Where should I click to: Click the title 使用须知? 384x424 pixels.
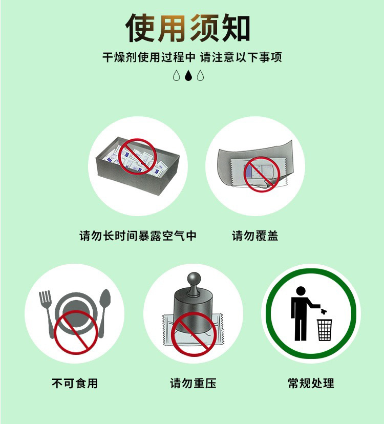pos(188,28)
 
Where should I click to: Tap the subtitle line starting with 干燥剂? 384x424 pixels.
pos(192,57)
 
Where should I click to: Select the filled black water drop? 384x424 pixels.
pos(188,75)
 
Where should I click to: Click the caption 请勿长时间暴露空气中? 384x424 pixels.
pos(138,236)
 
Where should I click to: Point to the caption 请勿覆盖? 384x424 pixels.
pos(255,236)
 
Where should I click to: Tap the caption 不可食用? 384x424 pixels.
pos(75,383)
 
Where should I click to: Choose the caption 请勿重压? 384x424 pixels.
pos(193,383)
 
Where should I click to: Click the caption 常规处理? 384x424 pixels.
pos(311,383)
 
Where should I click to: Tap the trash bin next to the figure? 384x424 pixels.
pos(325,330)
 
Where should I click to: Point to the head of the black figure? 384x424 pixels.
pos(301,291)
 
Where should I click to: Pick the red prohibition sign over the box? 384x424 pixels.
pos(138,157)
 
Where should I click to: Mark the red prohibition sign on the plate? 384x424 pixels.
pos(76,332)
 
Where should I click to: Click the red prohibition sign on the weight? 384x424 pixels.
pos(194,334)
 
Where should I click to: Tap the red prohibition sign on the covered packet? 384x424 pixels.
pos(262,175)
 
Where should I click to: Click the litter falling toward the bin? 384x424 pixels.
pos(323,311)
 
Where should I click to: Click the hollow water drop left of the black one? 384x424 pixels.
pos(176,75)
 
